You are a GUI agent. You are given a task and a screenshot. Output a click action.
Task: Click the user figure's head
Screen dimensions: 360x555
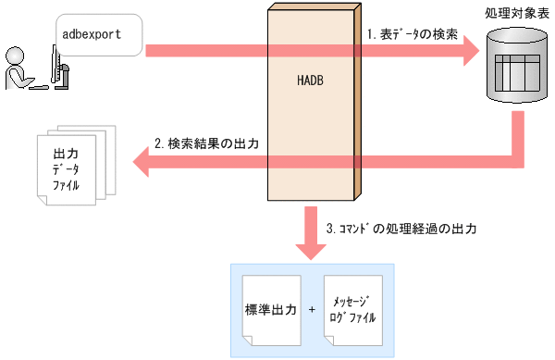pyautogui.click(x=16, y=54)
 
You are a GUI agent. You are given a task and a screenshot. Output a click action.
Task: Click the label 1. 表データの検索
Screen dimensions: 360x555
pyautogui.click(x=412, y=33)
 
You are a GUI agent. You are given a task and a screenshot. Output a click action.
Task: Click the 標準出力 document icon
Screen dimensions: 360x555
pyautogui.click(x=270, y=309)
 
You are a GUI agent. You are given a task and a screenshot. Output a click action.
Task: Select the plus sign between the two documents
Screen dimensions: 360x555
pyautogui.click(x=313, y=309)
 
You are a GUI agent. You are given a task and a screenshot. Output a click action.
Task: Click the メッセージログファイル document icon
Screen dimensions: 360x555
pyautogui.click(x=356, y=309)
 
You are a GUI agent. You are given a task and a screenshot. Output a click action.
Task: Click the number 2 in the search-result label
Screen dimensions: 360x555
pyautogui.click(x=158, y=144)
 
